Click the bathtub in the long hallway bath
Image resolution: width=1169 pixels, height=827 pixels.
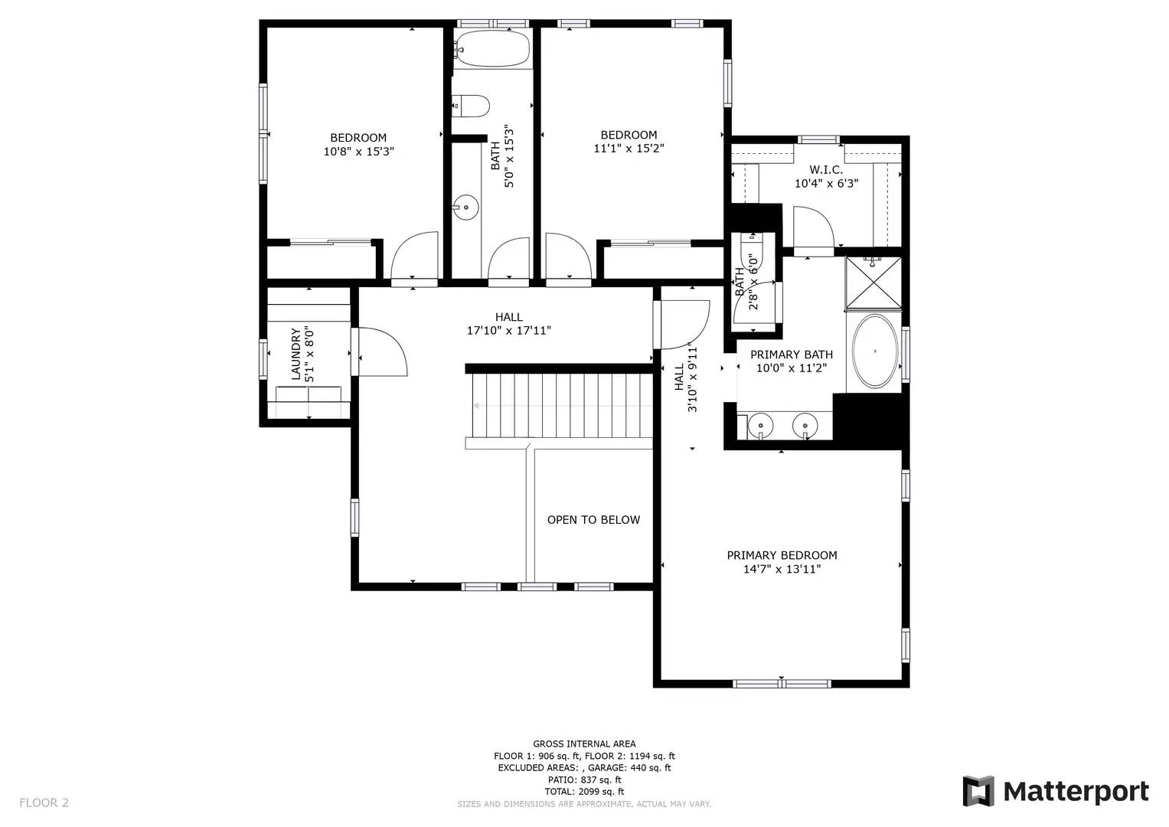click(x=491, y=49)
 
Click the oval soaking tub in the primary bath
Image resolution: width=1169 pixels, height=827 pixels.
click(x=875, y=351)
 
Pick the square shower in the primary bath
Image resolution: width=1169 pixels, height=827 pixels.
click(x=873, y=284)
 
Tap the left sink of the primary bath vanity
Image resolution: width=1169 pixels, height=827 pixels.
click(x=761, y=424)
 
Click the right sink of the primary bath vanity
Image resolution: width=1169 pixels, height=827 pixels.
click(x=805, y=424)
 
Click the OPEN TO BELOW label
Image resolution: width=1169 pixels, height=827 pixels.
click(x=593, y=520)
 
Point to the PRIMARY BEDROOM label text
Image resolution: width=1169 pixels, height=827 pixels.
click(x=782, y=555)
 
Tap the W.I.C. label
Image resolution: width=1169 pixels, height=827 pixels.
click(x=826, y=170)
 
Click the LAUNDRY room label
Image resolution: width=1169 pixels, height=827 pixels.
click(x=296, y=355)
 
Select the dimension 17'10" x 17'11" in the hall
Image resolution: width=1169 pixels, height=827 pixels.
click(x=509, y=331)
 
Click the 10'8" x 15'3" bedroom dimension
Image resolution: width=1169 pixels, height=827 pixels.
click(x=358, y=152)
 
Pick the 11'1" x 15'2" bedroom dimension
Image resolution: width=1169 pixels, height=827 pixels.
click(x=629, y=149)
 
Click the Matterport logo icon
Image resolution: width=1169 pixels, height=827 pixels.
click(x=978, y=791)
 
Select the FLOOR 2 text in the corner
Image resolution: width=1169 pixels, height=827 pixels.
click(x=44, y=802)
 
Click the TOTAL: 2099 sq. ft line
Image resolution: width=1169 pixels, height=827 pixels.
click(x=584, y=791)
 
